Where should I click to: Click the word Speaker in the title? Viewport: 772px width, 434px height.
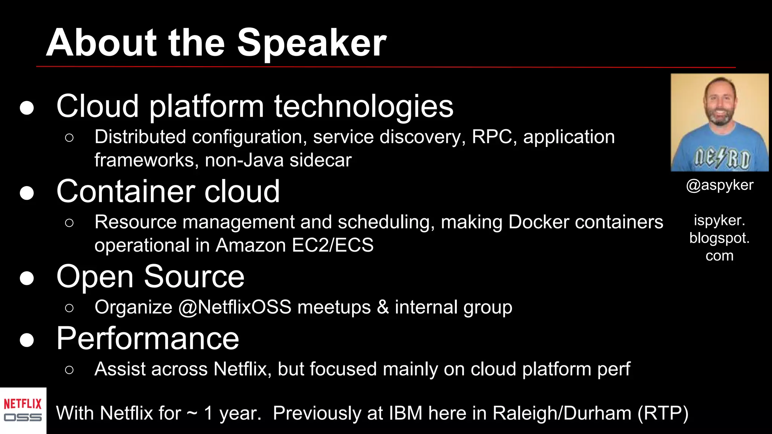coord(311,43)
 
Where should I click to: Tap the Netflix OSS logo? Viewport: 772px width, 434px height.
coord(23,411)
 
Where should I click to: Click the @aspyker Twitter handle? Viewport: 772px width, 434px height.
coord(719,185)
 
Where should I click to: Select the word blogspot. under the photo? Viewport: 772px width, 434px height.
coord(719,238)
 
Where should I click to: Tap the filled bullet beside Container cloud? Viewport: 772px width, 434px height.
coord(27,193)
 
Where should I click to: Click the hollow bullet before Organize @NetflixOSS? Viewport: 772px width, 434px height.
coord(69,308)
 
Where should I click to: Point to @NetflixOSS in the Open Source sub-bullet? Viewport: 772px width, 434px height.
coord(234,307)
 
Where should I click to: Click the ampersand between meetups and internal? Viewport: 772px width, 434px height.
coord(383,307)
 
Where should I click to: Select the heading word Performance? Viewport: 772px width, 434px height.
coord(147,338)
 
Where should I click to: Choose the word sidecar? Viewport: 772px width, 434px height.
coord(320,160)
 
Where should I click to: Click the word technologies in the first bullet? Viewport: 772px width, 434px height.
coord(363,107)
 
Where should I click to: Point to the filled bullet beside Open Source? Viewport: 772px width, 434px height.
coord(27,278)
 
